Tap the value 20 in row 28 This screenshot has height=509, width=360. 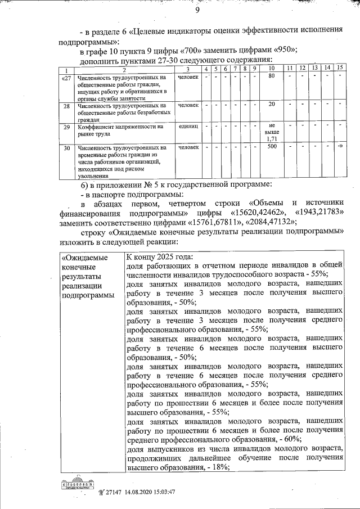(x=271, y=105)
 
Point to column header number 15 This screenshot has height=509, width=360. (x=340, y=68)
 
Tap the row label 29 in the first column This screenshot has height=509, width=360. (x=66, y=127)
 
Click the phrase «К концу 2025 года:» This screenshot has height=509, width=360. (x=159, y=255)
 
